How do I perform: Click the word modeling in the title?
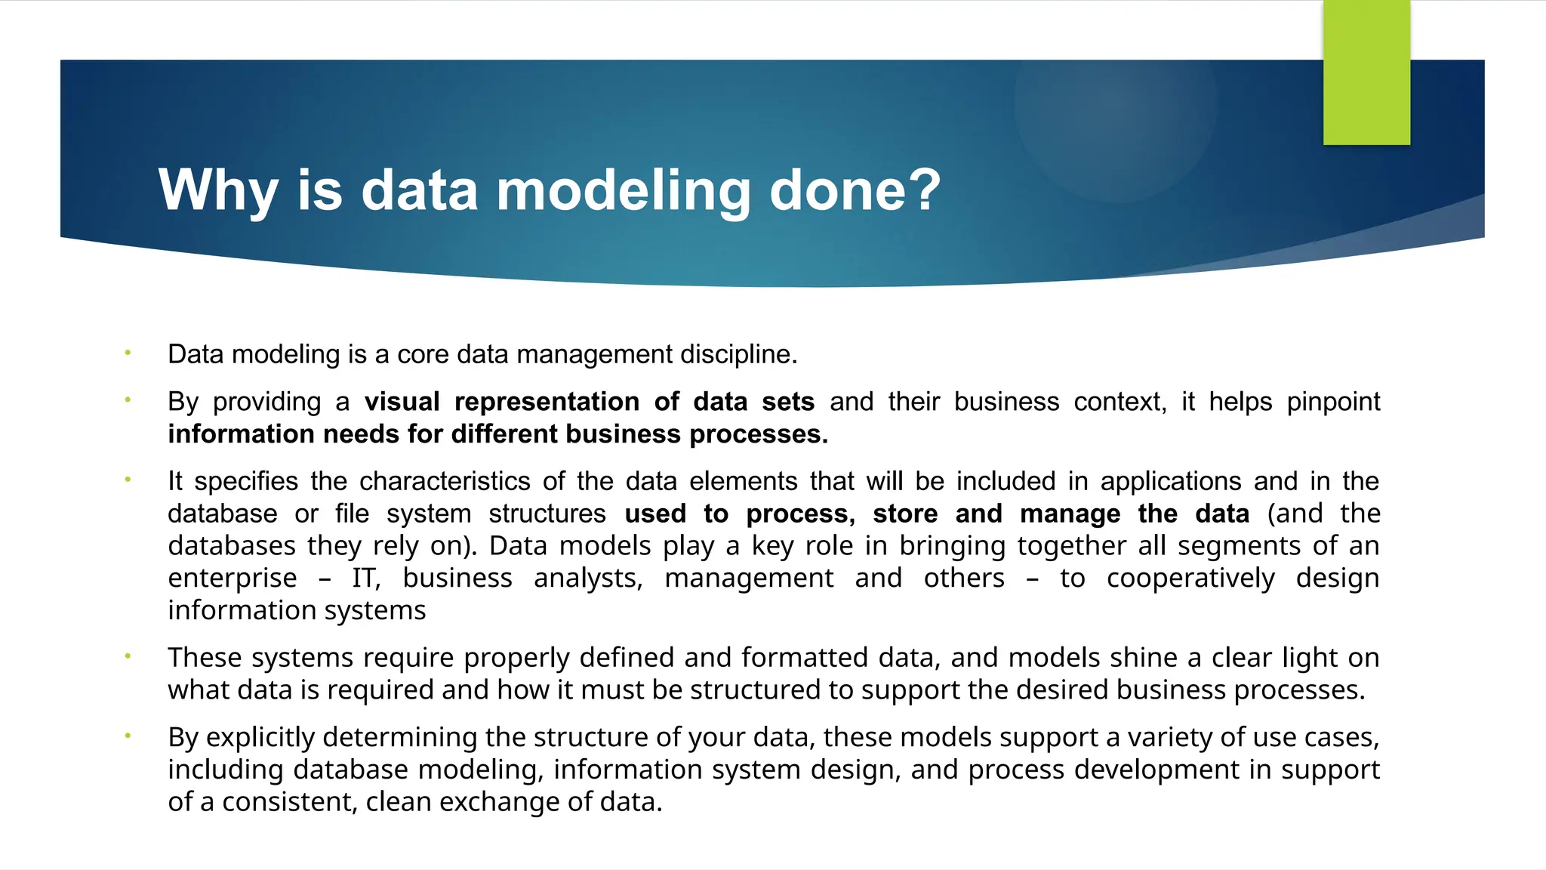tap(623, 190)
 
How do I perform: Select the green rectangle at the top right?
tap(1366, 72)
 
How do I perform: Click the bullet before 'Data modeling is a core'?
tap(128, 353)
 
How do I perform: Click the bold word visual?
tap(402, 402)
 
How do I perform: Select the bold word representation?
tap(547, 402)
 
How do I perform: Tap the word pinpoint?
tap(1333, 402)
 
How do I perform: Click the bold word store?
tap(905, 514)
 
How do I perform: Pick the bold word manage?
tap(1070, 514)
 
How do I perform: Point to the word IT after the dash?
tap(366, 578)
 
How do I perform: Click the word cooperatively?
tap(1190, 578)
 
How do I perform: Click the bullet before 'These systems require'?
tap(128, 656)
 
